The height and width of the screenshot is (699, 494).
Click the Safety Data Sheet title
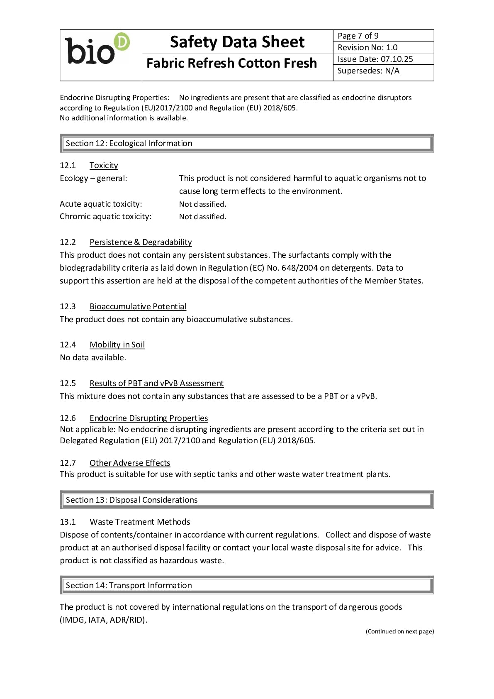pyautogui.click(x=237, y=42)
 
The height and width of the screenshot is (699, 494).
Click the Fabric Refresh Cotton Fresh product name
pyautogui.click(x=231, y=63)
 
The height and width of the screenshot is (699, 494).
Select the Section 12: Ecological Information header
pyautogui.click(x=129, y=143)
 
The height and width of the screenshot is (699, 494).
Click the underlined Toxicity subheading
pyautogui.click(x=104, y=165)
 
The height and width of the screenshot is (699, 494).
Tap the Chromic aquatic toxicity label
pyautogui.click(x=106, y=216)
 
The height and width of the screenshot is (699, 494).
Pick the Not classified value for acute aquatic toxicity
pyautogui.click(x=203, y=204)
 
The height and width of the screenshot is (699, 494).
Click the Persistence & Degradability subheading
pyautogui.click(x=141, y=242)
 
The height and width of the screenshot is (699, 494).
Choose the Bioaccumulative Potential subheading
pyautogui.click(x=138, y=306)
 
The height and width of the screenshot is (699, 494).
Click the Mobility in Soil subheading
pyautogui.click(x=117, y=345)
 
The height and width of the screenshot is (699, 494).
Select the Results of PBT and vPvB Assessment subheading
pyautogui.click(x=156, y=383)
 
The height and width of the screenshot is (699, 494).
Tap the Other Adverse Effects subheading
pyautogui.click(x=130, y=463)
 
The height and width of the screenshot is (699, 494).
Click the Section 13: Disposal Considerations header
pyautogui.click(x=131, y=500)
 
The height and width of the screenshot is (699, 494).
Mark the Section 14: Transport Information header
pyautogui.click(x=129, y=585)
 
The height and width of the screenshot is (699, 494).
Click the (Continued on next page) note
pyautogui.click(x=400, y=631)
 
